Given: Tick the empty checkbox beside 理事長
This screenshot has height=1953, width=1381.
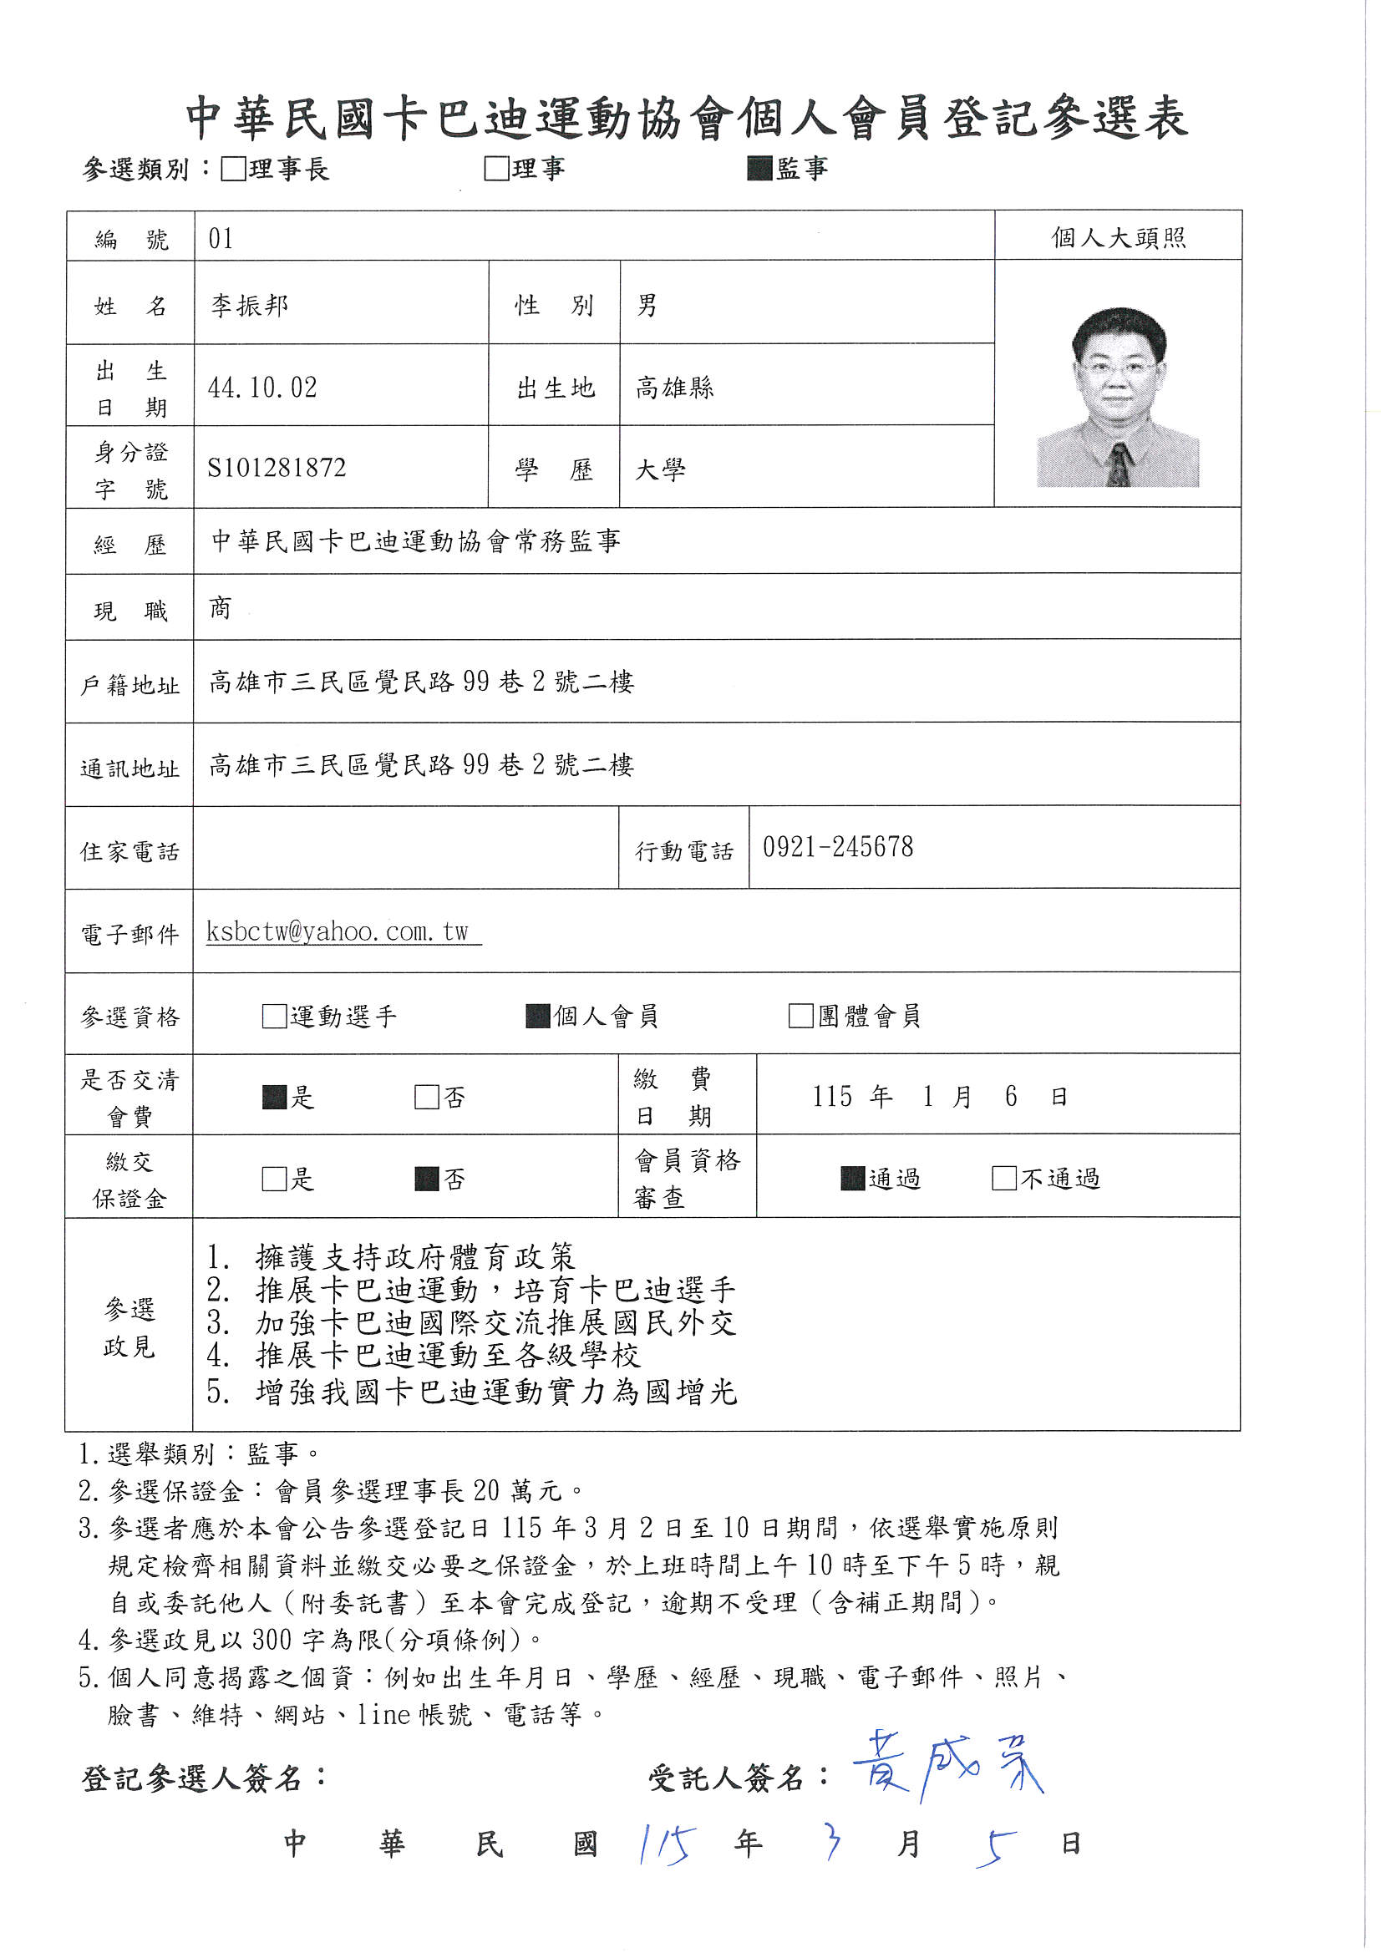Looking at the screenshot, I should click(232, 169).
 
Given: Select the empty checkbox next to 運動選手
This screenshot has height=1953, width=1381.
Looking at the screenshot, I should click(274, 1017).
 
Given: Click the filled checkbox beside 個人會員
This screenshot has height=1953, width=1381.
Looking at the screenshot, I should click(538, 1016).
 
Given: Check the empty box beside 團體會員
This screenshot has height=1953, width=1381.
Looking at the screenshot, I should click(800, 1016).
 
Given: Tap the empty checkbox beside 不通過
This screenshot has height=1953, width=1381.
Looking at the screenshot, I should click(1004, 1178).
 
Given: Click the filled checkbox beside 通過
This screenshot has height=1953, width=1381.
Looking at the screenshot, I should click(853, 1178).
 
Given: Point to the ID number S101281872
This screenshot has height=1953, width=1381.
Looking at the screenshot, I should click(277, 468).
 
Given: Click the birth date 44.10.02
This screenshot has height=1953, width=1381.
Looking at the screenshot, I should click(262, 388).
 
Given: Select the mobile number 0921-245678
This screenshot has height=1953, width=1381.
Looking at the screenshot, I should click(838, 847).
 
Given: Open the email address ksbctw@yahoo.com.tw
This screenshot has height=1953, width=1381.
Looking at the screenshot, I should click(338, 931).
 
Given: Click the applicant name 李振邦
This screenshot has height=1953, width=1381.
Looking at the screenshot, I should click(249, 305).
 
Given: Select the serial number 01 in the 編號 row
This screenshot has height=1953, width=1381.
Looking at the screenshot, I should click(221, 239).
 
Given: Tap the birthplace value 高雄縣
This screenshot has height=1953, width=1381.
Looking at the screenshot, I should click(675, 388).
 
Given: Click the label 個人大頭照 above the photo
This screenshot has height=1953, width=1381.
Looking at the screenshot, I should click(1118, 237).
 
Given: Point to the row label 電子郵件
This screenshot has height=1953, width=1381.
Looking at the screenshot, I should click(129, 935).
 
